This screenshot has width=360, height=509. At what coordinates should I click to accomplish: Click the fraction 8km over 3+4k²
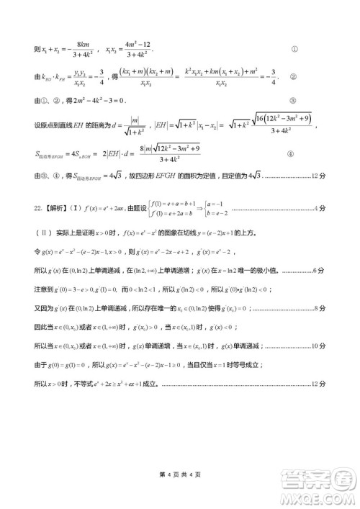(84, 50)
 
